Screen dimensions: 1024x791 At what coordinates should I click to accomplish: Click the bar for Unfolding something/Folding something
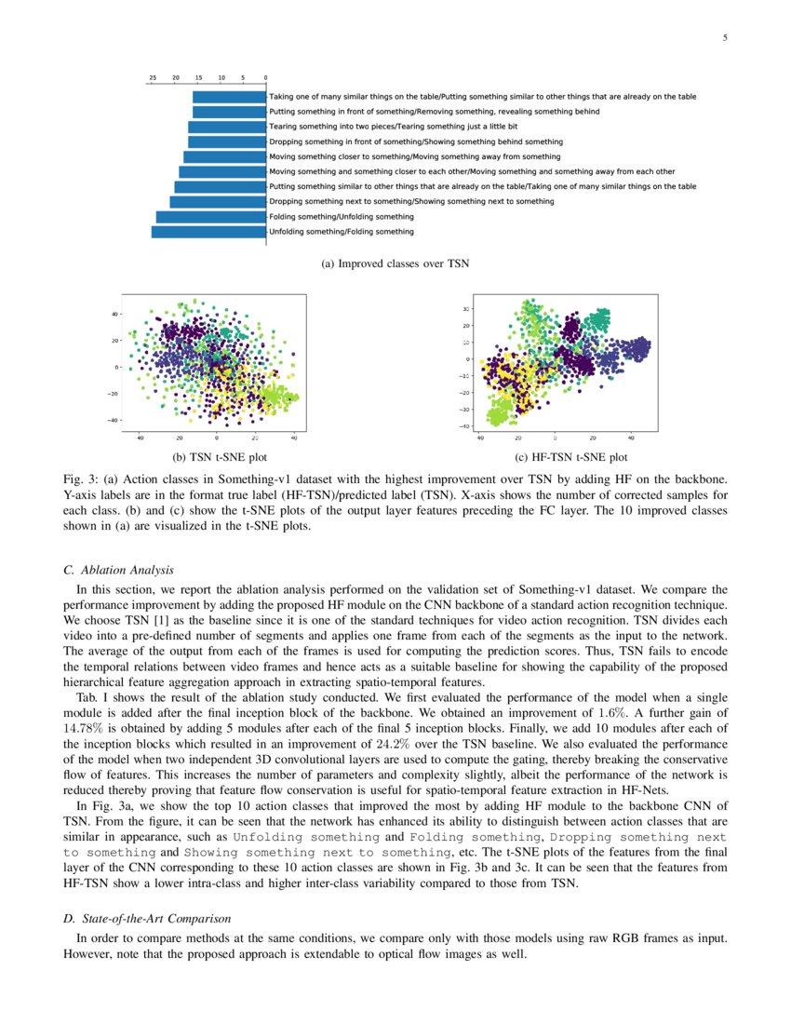click(x=208, y=231)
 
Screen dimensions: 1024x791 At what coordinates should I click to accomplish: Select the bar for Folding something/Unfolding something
click(x=211, y=216)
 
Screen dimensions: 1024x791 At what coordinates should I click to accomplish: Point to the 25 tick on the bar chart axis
click(x=152, y=78)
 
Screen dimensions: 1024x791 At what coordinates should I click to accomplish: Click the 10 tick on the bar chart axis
click(x=221, y=78)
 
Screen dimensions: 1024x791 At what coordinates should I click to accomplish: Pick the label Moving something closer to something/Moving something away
click(x=414, y=156)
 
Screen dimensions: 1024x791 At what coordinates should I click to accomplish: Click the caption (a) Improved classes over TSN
click(x=395, y=264)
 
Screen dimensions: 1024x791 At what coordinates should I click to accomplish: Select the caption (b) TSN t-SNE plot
click(x=215, y=457)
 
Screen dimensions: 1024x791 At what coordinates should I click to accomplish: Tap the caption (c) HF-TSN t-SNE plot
click(x=570, y=457)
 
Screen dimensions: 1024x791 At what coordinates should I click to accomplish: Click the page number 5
click(x=724, y=38)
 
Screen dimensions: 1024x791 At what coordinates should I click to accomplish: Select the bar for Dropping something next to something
click(x=218, y=201)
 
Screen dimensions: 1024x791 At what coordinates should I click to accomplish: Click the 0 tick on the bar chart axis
click(x=266, y=78)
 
